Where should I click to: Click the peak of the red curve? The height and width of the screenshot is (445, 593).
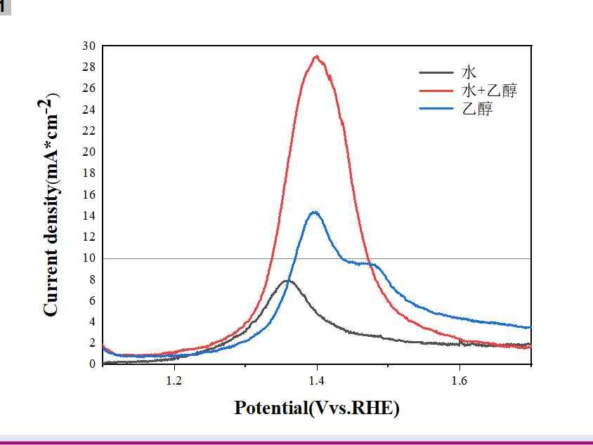(x=317, y=56)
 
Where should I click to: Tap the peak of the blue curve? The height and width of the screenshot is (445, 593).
(x=314, y=212)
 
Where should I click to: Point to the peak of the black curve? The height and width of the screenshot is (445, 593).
(x=287, y=281)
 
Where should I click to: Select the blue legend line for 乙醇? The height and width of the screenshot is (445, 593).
(x=436, y=109)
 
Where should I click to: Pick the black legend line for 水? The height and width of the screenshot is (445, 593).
(x=436, y=72)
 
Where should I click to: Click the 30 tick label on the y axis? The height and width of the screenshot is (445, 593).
(x=89, y=46)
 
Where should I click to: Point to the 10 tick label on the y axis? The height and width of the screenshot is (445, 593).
(x=89, y=258)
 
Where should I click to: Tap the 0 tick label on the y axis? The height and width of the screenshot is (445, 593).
(x=92, y=364)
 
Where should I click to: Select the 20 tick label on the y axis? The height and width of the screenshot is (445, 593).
(x=89, y=152)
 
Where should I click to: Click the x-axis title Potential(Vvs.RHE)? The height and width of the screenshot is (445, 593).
(x=317, y=407)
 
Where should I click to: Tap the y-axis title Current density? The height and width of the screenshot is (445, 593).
(x=51, y=204)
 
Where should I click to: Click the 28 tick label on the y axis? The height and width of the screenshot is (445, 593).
(x=89, y=67)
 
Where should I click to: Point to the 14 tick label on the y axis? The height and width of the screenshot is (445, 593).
(x=89, y=215)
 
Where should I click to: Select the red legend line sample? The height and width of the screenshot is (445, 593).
(x=436, y=91)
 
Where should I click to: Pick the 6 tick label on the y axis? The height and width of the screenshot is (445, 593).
(x=92, y=300)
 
